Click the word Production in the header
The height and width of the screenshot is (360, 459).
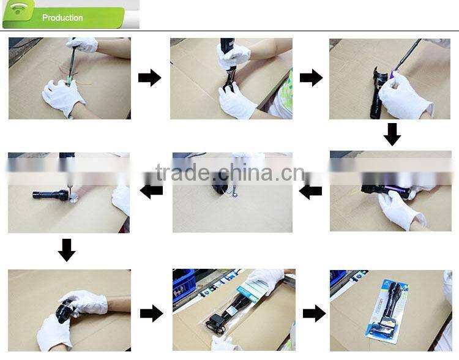[62, 18]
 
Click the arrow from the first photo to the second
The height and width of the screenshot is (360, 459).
[150, 78]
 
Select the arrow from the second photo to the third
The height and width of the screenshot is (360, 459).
[311, 78]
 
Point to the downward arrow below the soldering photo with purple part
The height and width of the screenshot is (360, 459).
[392, 134]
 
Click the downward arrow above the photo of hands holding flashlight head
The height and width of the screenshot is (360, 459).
[67, 250]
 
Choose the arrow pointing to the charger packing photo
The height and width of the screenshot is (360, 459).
[151, 313]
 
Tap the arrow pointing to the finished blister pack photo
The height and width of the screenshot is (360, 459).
[314, 313]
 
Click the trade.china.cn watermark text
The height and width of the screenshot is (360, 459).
[229, 173]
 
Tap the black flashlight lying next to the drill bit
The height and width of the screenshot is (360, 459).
[50, 195]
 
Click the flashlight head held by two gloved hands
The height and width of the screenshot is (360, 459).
[64, 311]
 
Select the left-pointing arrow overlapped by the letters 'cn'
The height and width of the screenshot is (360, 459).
[311, 192]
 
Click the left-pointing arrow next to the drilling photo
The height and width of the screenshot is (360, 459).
[151, 191]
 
